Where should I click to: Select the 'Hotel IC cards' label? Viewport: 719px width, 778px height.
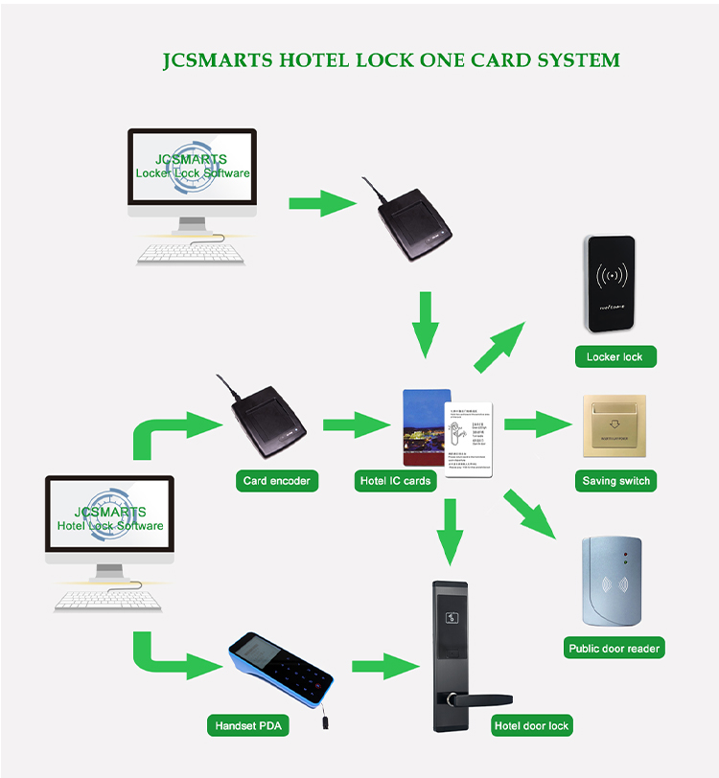point(394,480)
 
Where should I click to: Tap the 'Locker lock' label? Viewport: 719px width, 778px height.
point(615,356)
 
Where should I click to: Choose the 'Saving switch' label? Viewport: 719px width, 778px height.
point(615,480)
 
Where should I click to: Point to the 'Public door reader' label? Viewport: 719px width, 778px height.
point(615,649)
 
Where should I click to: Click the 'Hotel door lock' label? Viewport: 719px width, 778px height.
point(531,725)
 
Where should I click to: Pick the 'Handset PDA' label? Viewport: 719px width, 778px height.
point(247,725)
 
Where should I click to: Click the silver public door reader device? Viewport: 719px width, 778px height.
point(612,580)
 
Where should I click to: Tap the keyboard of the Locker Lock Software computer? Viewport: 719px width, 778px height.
point(190,253)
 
